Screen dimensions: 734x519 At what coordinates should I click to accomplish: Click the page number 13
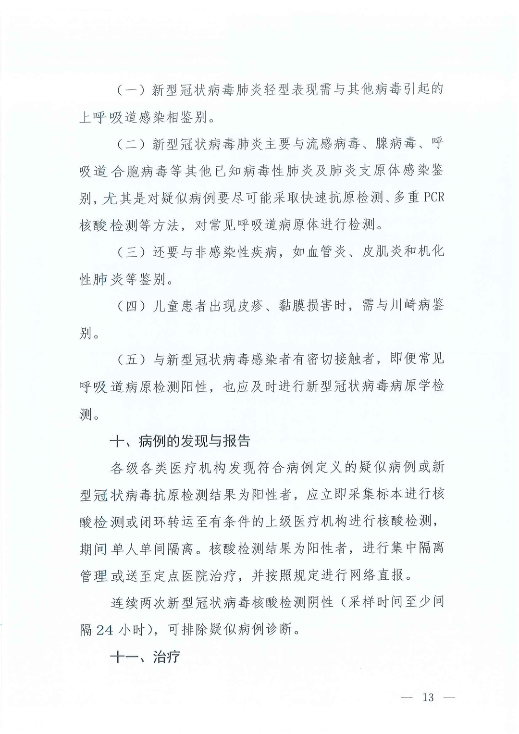pos(428,697)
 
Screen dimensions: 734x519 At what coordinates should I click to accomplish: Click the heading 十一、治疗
pos(145,657)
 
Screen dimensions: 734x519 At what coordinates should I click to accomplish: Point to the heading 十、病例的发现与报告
pos(180,441)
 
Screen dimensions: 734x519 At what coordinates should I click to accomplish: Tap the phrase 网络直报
pos(376,575)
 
